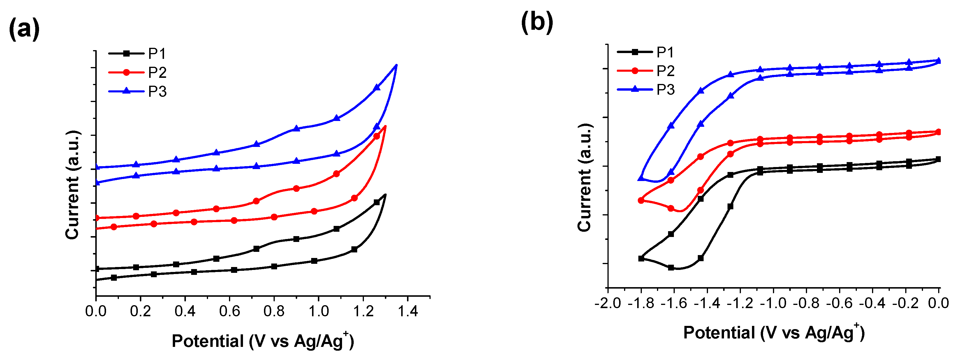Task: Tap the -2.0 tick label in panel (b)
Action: tap(608, 303)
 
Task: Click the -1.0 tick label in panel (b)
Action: tap(773, 303)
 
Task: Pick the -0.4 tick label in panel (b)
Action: tap(872, 303)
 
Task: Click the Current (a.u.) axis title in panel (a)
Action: tap(72, 185)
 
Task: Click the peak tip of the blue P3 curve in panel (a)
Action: tap(397, 65)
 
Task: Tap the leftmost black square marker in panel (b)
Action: tap(641, 258)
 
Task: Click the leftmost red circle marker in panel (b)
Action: tap(641, 201)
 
